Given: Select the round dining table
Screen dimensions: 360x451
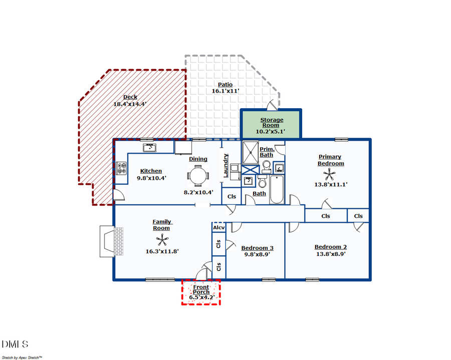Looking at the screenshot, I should click(197, 176).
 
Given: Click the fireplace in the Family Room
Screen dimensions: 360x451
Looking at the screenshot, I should click(111, 242).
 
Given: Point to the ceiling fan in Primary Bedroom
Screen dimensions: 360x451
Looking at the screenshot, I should click(330, 175).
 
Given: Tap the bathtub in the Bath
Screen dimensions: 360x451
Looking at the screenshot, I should click(277, 189).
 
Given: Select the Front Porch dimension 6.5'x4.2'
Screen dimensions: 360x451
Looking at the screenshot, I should click(201, 297).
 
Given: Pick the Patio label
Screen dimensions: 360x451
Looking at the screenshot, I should click(225, 85).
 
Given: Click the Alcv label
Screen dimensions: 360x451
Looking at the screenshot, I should click(219, 228).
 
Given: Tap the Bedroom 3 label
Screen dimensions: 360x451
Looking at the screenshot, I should click(257, 248).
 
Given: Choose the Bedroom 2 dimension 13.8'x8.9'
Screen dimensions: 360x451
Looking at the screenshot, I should click(330, 254).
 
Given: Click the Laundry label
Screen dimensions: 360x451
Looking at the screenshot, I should click(226, 165).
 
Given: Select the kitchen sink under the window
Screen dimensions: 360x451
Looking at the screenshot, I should click(149, 147).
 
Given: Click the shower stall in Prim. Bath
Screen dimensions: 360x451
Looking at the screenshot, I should click(249, 152).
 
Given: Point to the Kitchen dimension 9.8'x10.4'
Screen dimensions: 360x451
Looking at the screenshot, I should click(151, 178).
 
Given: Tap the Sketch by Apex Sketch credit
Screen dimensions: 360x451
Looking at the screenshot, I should click(22, 357).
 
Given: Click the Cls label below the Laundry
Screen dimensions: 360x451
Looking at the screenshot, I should click(232, 197).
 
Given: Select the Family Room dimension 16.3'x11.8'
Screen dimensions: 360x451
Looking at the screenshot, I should click(162, 251).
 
